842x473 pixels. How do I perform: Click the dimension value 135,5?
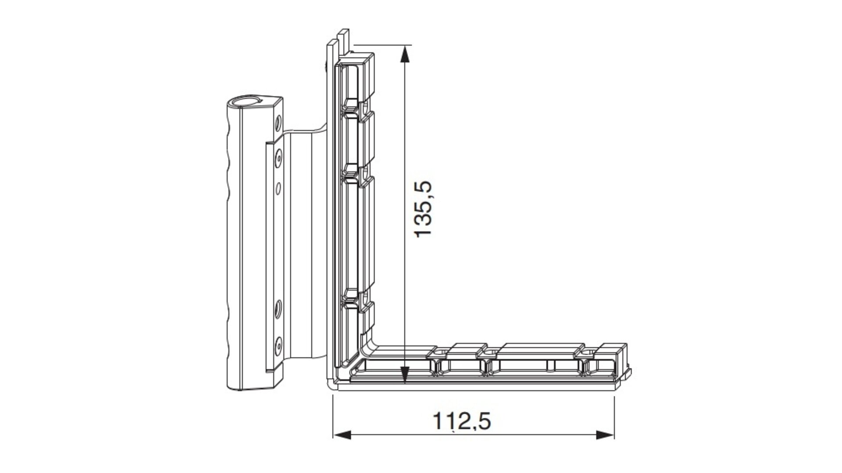(424, 208)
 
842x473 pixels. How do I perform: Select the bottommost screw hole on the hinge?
(278, 346)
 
